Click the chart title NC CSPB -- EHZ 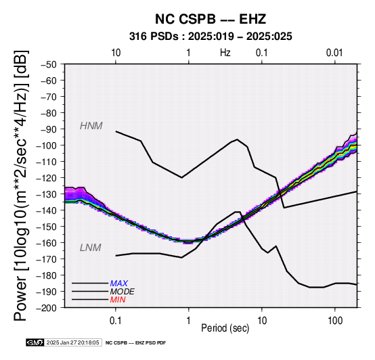(x=211, y=19)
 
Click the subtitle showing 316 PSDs (x=211, y=37)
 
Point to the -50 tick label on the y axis (x=49, y=64)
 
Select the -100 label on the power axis (x=47, y=145)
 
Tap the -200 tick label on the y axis (x=47, y=308)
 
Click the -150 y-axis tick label (x=47, y=227)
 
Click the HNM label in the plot (x=91, y=126)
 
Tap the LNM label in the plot (x=91, y=248)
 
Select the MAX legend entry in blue (x=119, y=284)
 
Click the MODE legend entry (x=123, y=292)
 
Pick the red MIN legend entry (x=118, y=300)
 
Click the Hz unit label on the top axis (x=225, y=53)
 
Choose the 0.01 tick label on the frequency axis (x=334, y=53)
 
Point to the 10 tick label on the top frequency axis (x=116, y=53)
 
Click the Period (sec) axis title (x=225, y=328)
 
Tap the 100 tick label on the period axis (x=335, y=321)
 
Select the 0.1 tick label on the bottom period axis (x=116, y=321)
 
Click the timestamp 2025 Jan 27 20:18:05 (x=72, y=342)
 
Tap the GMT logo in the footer (x=35, y=342)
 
